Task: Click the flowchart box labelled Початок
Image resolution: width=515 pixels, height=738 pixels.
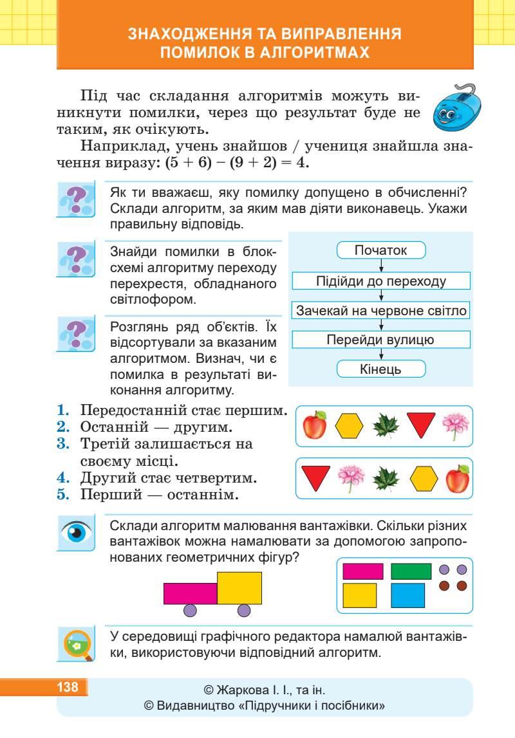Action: tap(381, 250)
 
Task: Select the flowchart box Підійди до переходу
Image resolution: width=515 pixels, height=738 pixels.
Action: tap(381, 281)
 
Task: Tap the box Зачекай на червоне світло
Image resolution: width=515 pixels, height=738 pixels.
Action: tap(381, 311)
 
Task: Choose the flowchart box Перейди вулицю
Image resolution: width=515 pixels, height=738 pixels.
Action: tap(381, 340)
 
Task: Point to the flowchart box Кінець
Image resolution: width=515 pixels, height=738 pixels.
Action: tap(381, 369)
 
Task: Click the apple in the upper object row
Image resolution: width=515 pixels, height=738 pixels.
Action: tap(315, 425)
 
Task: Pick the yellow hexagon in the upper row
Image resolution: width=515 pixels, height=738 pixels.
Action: tap(350, 425)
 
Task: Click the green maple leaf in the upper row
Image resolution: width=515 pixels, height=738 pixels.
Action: tap(386, 425)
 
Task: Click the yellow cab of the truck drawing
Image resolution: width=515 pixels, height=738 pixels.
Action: tap(239, 588)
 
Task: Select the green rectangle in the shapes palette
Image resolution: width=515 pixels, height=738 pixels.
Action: tap(411, 571)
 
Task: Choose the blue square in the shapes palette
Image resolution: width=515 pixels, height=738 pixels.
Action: tap(407, 595)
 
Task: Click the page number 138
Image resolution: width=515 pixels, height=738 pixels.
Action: tap(68, 687)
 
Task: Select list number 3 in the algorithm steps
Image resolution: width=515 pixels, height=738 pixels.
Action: tap(62, 443)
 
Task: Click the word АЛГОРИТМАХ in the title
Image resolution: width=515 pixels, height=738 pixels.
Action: tap(307, 53)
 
